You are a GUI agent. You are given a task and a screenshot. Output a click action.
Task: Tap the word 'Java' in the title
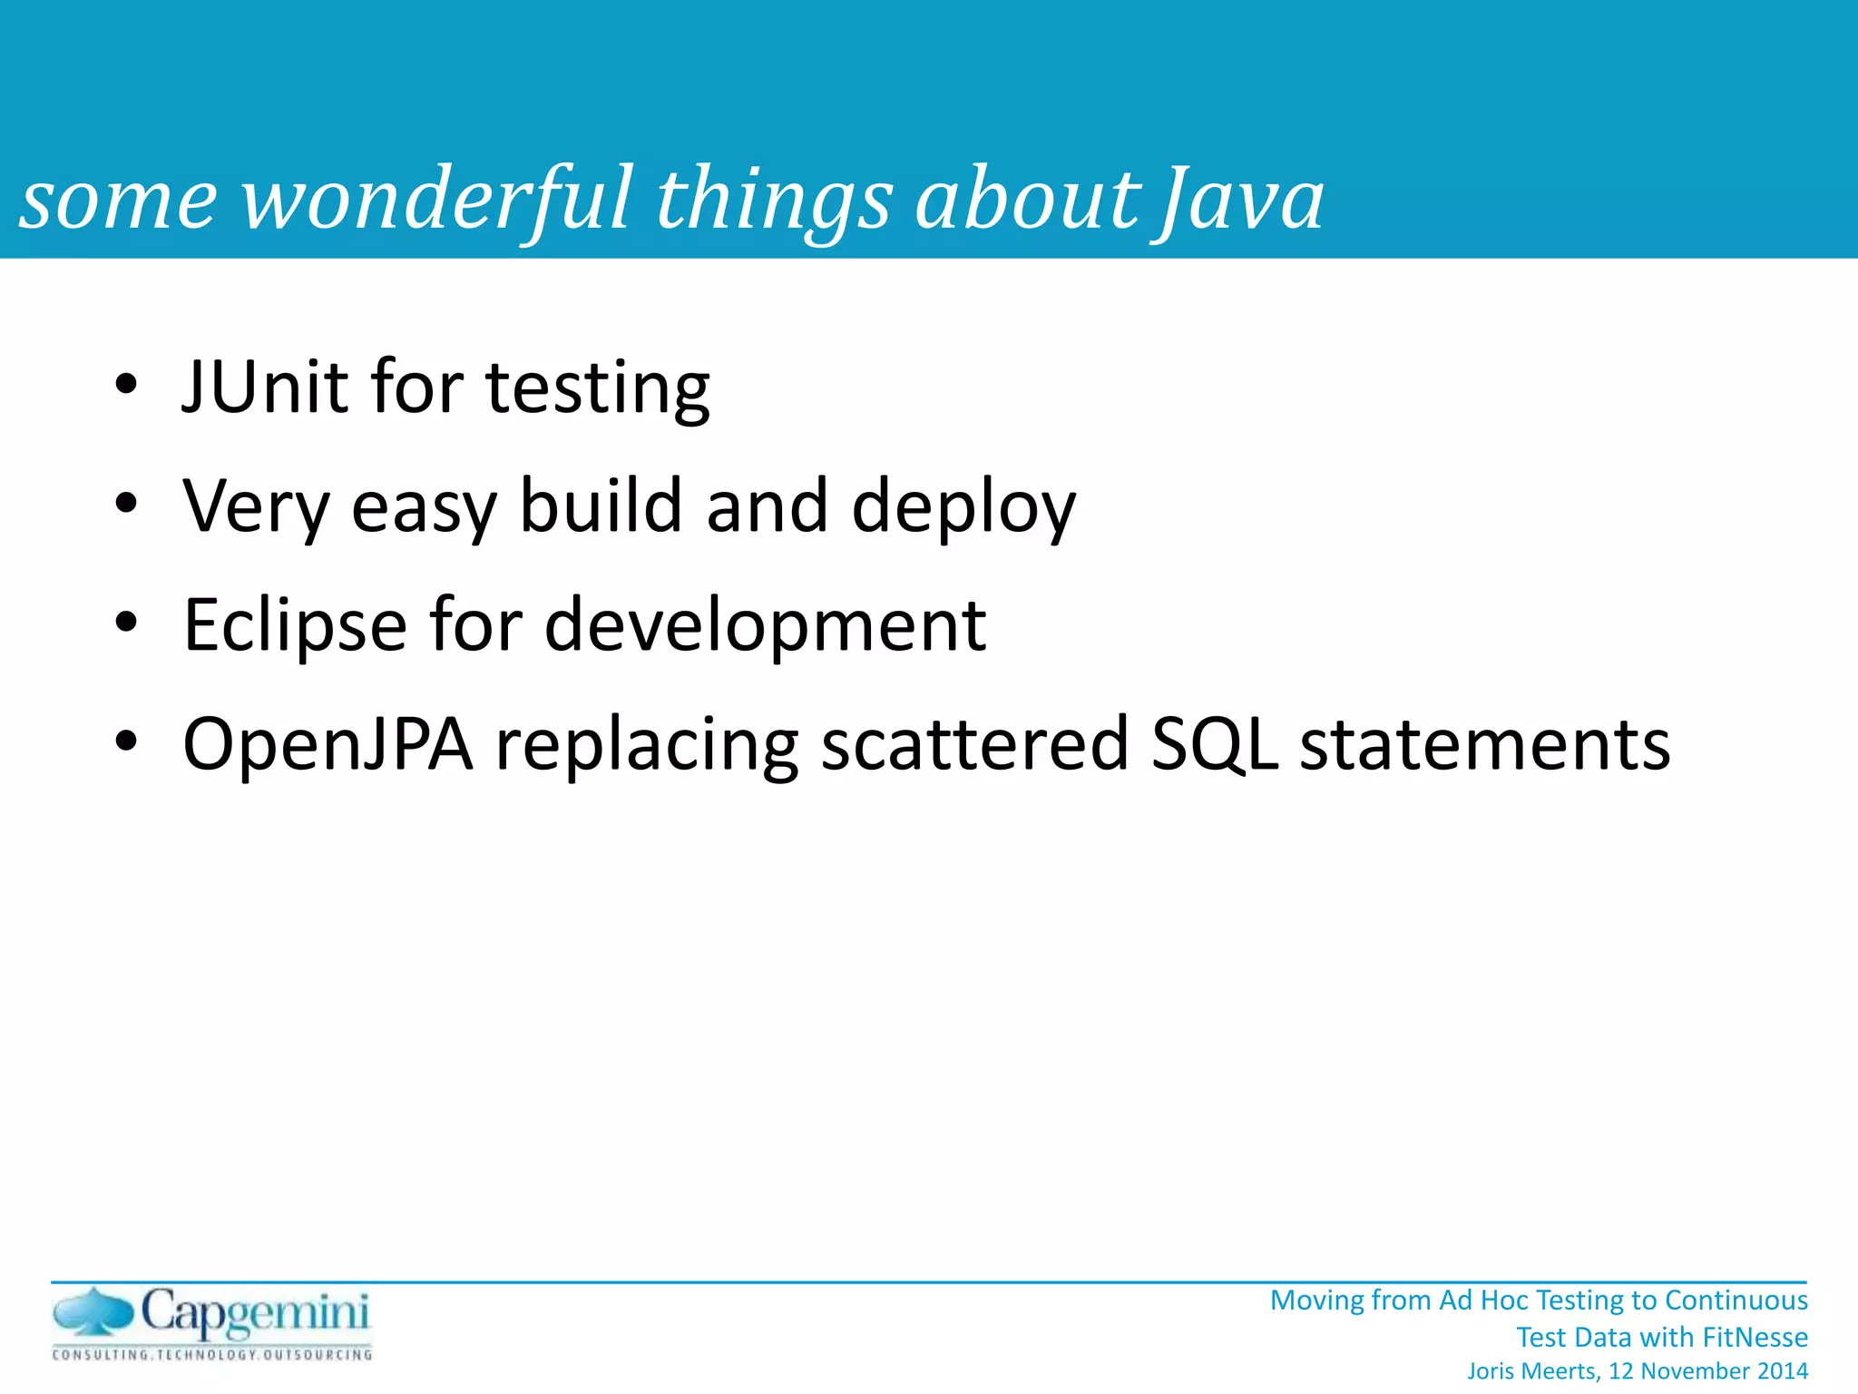click(1239, 200)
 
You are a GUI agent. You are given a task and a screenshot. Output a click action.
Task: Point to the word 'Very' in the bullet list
click(256, 506)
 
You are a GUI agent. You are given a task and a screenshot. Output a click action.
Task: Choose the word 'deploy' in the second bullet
click(963, 508)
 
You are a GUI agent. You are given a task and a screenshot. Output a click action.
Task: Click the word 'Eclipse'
click(295, 626)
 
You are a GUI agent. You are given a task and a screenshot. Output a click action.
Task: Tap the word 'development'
click(765, 626)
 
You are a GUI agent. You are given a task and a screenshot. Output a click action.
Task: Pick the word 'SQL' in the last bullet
click(1214, 744)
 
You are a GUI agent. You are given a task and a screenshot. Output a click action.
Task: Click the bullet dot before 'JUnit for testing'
click(126, 384)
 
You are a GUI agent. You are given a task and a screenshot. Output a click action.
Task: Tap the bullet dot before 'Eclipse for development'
click(126, 623)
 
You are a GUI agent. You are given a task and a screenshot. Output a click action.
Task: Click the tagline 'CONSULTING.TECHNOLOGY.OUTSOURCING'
click(212, 1355)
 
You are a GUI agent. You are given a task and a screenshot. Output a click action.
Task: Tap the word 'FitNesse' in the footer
click(1755, 1337)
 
